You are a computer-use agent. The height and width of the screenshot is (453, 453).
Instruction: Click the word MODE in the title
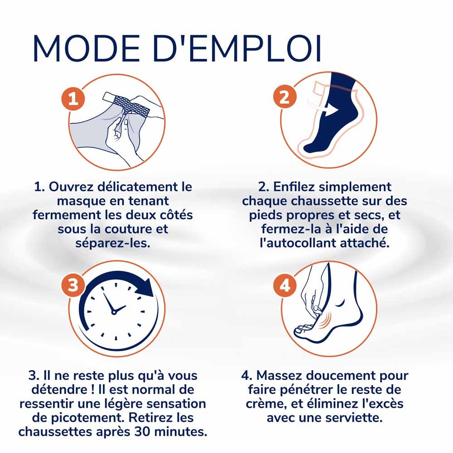click(87, 48)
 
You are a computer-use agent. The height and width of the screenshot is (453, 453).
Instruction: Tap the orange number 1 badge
click(73, 99)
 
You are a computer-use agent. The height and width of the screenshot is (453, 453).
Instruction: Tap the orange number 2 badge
click(285, 96)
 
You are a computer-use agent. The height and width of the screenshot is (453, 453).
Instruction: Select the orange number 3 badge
click(73, 285)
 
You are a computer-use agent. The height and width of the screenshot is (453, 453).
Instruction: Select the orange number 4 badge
click(285, 285)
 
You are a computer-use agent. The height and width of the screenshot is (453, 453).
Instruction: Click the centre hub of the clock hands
click(114, 312)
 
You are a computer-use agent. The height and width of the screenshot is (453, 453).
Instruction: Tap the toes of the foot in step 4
click(304, 329)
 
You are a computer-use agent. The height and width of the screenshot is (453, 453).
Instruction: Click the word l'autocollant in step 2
click(298, 243)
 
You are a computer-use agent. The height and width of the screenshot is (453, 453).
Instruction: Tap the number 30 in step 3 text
click(143, 432)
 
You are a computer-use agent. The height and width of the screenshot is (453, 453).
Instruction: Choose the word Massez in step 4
click(279, 376)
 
